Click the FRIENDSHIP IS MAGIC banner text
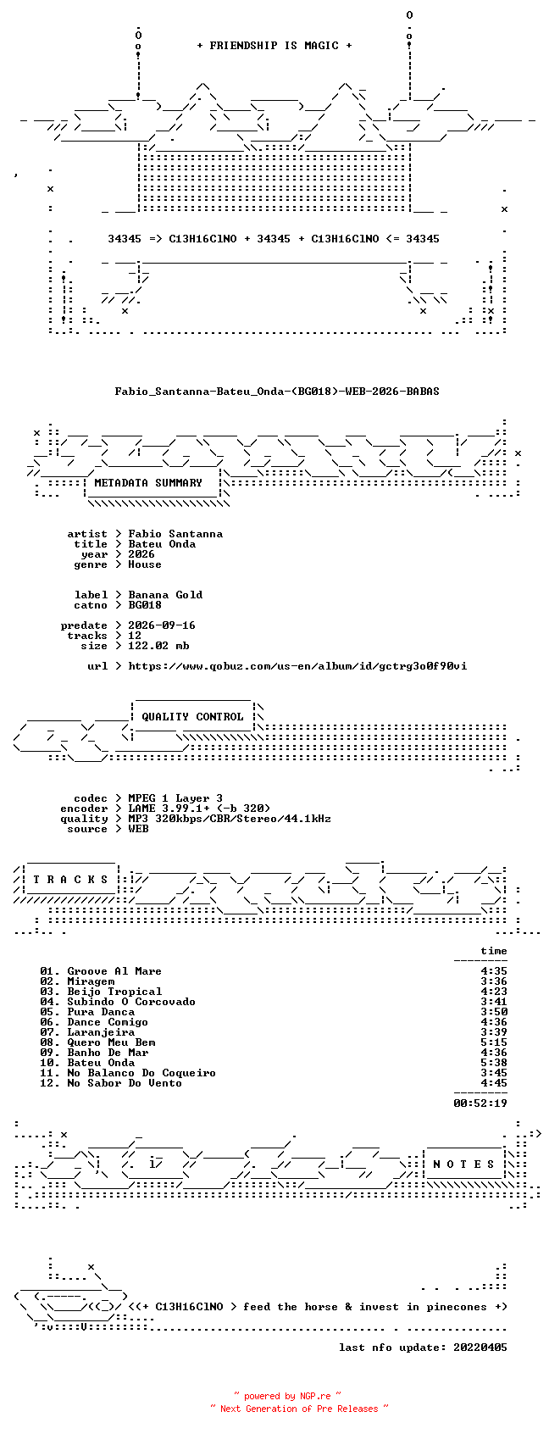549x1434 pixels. [274, 46]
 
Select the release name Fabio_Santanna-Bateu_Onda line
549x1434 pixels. [277, 392]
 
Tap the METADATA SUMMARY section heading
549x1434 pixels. [147, 483]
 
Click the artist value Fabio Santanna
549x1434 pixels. [175, 534]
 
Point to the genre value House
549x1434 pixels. [145, 564]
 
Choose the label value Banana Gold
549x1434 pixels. [165, 595]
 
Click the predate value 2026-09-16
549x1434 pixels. [162, 625]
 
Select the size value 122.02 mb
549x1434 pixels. [158, 646]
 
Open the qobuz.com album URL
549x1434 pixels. [297, 666]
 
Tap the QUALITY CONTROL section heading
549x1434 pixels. [192, 717]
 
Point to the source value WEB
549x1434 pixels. [138, 829]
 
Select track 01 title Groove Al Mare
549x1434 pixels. [114, 971]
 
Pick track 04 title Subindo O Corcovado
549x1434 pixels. [131, 1002]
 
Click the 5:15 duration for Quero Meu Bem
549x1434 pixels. [494, 1042]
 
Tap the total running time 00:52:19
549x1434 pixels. [480, 1103]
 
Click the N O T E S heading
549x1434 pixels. [464, 1164]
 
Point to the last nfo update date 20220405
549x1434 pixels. [480, 1348]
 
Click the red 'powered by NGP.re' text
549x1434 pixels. [287, 1396]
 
